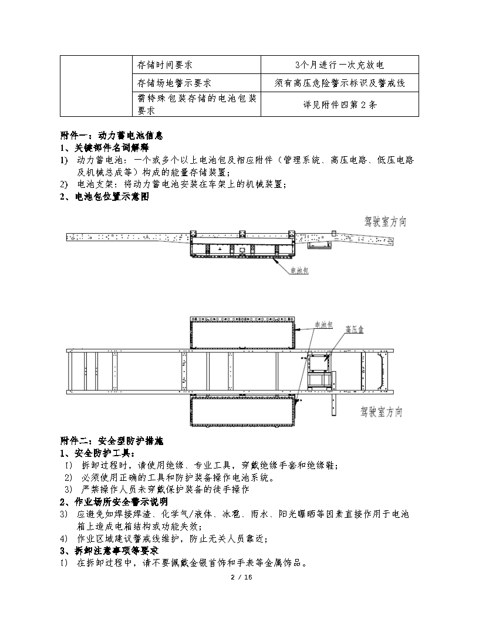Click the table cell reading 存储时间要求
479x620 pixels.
tap(165, 65)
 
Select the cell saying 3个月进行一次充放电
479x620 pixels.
tap(340, 65)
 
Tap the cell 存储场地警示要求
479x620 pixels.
tap(170, 83)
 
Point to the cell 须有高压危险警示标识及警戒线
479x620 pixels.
tap(340, 83)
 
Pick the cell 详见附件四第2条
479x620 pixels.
tap(340, 105)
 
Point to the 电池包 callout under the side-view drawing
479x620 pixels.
tap(300, 271)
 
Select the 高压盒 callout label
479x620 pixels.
tap(355, 329)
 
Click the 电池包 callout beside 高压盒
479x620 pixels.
tap(325, 325)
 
